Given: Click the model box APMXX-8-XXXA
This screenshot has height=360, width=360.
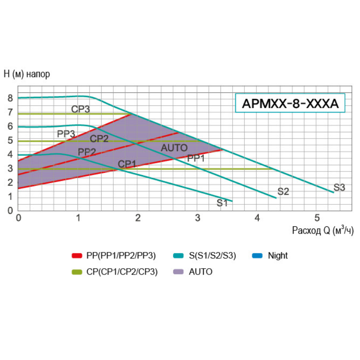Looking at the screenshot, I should click(290, 104).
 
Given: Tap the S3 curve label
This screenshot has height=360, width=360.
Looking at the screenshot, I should click(339, 188).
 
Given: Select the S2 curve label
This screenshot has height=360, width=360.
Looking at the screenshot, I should click(283, 191).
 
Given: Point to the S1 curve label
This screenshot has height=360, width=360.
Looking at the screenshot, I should click(222, 202).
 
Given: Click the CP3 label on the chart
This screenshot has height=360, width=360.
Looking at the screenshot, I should click(81, 109).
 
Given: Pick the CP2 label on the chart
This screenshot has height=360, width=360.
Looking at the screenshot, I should click(99, 139).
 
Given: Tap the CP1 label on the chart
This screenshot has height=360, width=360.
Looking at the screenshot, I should click(127, 164).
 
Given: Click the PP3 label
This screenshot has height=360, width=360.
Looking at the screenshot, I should click(66, 134).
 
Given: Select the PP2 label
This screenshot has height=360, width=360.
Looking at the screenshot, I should click(87, 152).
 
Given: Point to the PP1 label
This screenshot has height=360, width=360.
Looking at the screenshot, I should click(196, 158).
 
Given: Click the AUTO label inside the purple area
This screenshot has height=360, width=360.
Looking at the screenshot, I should click(174, 148).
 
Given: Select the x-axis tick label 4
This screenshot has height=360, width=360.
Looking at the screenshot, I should click(257, 218).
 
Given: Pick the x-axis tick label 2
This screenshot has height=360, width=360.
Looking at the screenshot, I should click(138, 218).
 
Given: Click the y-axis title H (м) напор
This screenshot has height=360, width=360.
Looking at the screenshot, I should click(27, 74).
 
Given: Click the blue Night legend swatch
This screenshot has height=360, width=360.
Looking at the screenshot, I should click(258, 256).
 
